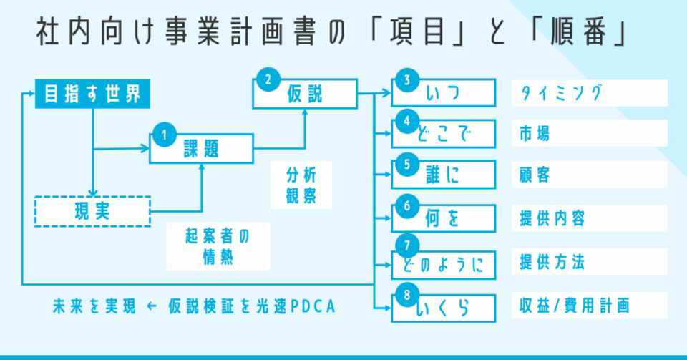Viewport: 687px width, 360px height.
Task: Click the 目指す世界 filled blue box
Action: pyautogui.click(x=92, y=94)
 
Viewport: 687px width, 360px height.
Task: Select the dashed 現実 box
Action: pyautogui.click(x=92, y=212)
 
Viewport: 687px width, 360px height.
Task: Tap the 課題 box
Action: pyautogui.click(x=202, y=149)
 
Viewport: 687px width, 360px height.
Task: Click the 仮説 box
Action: pyautogui.click(x=305, y=94)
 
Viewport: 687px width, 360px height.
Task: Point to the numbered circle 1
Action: pyautogui.click(x=165, y=135)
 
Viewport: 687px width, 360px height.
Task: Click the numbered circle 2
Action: pyautogui.click(x=268, y=79)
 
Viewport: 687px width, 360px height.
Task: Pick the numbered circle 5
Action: pyautogui.click(x=407, y=164)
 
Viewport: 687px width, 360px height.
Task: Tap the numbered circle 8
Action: pyautogui.click(x=407, y=295)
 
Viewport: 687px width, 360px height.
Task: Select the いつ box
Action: pyautogui.click(x=444, y=93)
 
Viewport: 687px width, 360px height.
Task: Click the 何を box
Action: pyautogui.click(x=444, y=218)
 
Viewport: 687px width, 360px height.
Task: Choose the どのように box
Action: pyautogui.click(x=444, y=265)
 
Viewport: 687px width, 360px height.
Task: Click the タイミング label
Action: pyautogui.click(x=561, y=93)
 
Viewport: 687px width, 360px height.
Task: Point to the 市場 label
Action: pyautogui.click(x=534, y=134)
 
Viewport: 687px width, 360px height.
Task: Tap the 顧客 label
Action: pyautogui.click(x=534, y=175)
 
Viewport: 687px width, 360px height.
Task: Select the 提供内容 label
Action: pyautogui.click(x=552, y=218)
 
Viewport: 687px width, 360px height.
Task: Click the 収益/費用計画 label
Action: pyautogui.click(x=575, y=306)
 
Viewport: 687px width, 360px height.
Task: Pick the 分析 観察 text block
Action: pyautogui.click(x=301, y=185)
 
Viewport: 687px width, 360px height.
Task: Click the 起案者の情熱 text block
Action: pyautogui.click(x=218, y=247)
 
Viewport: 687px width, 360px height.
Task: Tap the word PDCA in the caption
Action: pyautogui.click(x=313, y=306)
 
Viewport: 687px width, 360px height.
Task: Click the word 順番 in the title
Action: pyautogui.click(x=578, y=32)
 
